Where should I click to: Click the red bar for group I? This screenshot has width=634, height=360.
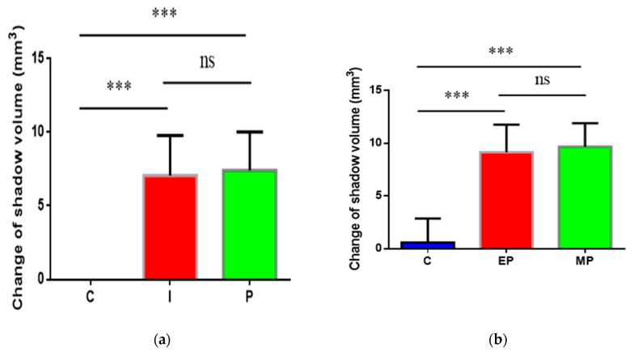pos(171,227)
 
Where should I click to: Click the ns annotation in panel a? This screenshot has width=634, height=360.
pos(211,61)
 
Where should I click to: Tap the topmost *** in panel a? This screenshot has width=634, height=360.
pos(163,14)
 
